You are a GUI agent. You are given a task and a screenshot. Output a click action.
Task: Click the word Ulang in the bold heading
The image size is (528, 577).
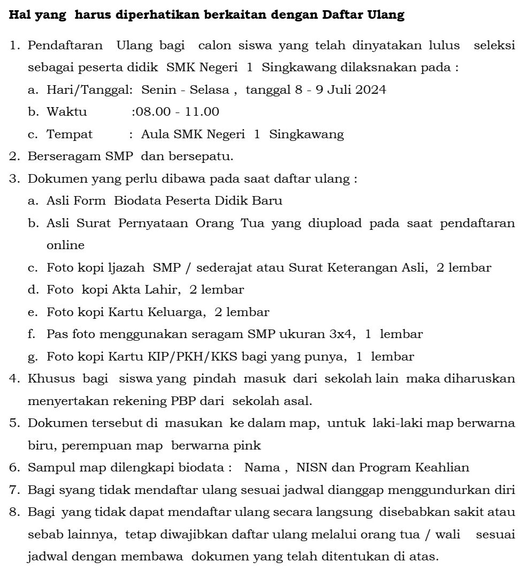tap(386, 15)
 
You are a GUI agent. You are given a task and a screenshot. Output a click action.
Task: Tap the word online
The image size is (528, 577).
tap(65, 246)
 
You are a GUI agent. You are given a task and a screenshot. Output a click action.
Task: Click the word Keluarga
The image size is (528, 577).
tap(179, 312)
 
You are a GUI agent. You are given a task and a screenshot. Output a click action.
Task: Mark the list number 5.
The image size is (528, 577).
tap(14, 423)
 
